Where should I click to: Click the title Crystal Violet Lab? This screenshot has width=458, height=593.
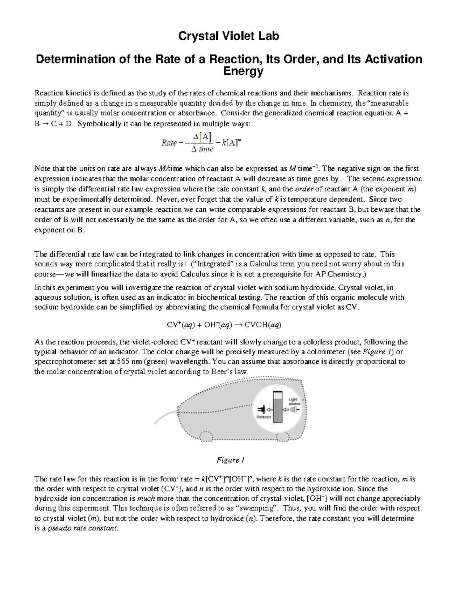pyautogui.click(x=229, y=36)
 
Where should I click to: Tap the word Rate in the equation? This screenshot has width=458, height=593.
pyautogui.click(x=169, y=143)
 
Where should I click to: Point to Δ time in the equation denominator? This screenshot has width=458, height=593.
pyautogui.click(x=202, y=149)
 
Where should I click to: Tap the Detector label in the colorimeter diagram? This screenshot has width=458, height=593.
pyautogui.click(x=264, y=417)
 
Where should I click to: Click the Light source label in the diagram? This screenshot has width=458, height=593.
pyautogui.click(x=294, y=401)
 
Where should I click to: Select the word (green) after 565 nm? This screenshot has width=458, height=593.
pyautogui.click(x=150, y=362)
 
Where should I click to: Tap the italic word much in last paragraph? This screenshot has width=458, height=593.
pyautogui.click(x=146, y=498)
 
